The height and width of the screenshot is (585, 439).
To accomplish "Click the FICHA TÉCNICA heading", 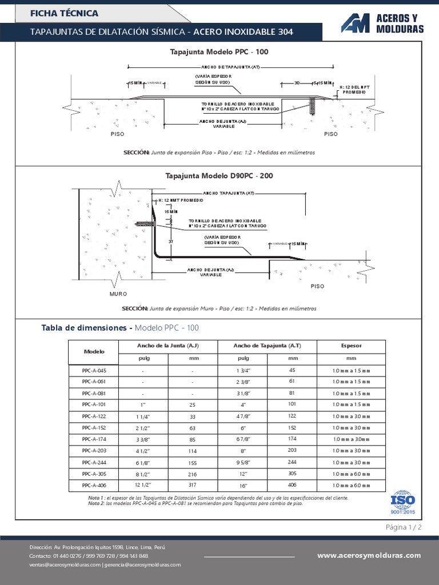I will point(64,13).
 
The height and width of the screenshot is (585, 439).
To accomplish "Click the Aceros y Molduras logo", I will point(382,22).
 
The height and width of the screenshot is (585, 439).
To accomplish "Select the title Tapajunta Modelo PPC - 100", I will point(219,51).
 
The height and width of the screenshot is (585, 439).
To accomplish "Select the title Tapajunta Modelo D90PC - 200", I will point(219,175).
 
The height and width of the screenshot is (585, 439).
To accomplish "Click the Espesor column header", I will point(351,346).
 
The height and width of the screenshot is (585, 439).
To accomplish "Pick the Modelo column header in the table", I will point(94,351).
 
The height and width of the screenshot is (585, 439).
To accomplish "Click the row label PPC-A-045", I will point(94,370).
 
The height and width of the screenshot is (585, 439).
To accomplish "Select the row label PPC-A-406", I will point(94,485).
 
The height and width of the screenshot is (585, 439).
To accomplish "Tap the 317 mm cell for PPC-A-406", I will point(193,485).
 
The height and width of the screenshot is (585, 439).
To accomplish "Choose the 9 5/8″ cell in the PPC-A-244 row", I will point(242,462).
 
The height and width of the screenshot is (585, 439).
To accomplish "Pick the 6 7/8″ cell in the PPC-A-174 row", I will point(242,439).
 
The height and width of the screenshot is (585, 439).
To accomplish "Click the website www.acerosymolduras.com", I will point(369,555).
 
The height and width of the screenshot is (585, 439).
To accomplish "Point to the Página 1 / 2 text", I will point(404,527).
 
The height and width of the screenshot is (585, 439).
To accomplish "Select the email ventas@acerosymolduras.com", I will point(65,564).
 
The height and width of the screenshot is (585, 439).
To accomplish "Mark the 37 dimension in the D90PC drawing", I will point(171,242).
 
